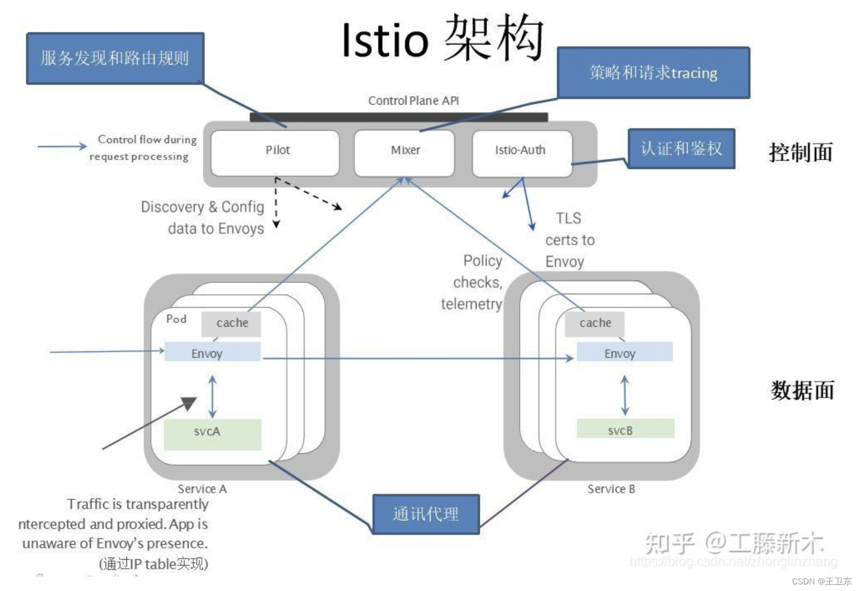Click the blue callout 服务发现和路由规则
116,58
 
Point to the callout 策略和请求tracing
653,73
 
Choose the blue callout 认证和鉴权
681,148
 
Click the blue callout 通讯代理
426,514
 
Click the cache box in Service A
231,324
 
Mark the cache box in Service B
595,324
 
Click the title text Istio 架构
442,39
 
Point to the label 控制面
801,153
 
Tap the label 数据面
802,390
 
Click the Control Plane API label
413,101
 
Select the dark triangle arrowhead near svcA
189,403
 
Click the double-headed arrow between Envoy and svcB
624,395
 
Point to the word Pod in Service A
176,319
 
